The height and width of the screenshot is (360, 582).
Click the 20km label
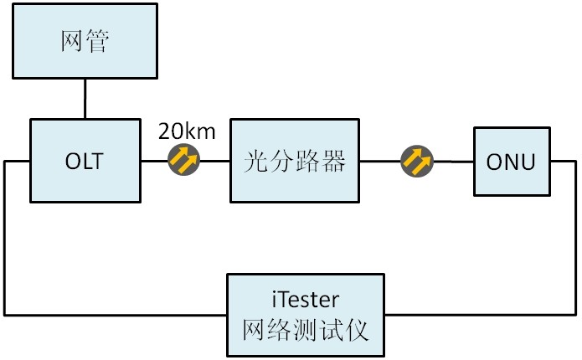[x=187, y=131]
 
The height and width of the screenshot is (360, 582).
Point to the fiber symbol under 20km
[x=184, y=159]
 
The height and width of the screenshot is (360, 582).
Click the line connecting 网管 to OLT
[x=85, y=99]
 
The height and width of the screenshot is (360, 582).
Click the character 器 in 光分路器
[x=335, y=161]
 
